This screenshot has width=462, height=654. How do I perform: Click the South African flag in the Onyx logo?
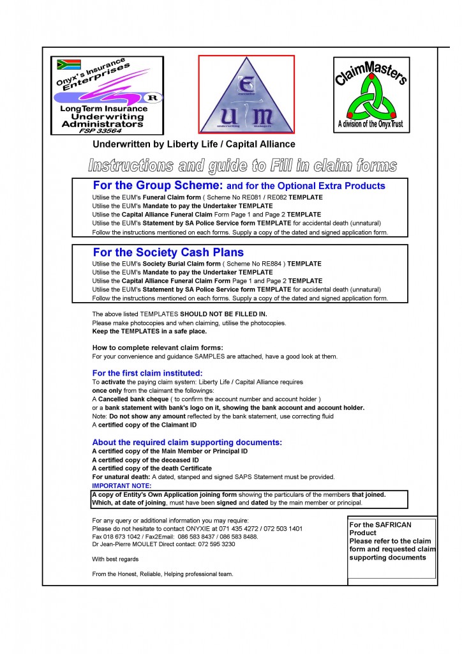click(68, 65)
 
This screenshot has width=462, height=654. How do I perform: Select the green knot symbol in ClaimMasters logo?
click(370, 100)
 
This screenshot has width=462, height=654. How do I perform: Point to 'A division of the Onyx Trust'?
click(371, 124)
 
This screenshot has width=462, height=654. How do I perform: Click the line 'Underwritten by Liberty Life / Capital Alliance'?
click(194, 144)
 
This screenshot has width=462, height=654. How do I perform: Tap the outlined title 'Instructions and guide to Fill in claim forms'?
click(242, 166)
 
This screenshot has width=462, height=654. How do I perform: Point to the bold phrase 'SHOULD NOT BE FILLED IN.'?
click(223, 314)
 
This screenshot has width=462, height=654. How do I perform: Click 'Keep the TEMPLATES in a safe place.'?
click(149, 331)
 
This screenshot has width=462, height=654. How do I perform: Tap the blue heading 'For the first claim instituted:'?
click(147, 373)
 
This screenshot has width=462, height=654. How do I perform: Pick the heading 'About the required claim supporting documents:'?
click(187, 442)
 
